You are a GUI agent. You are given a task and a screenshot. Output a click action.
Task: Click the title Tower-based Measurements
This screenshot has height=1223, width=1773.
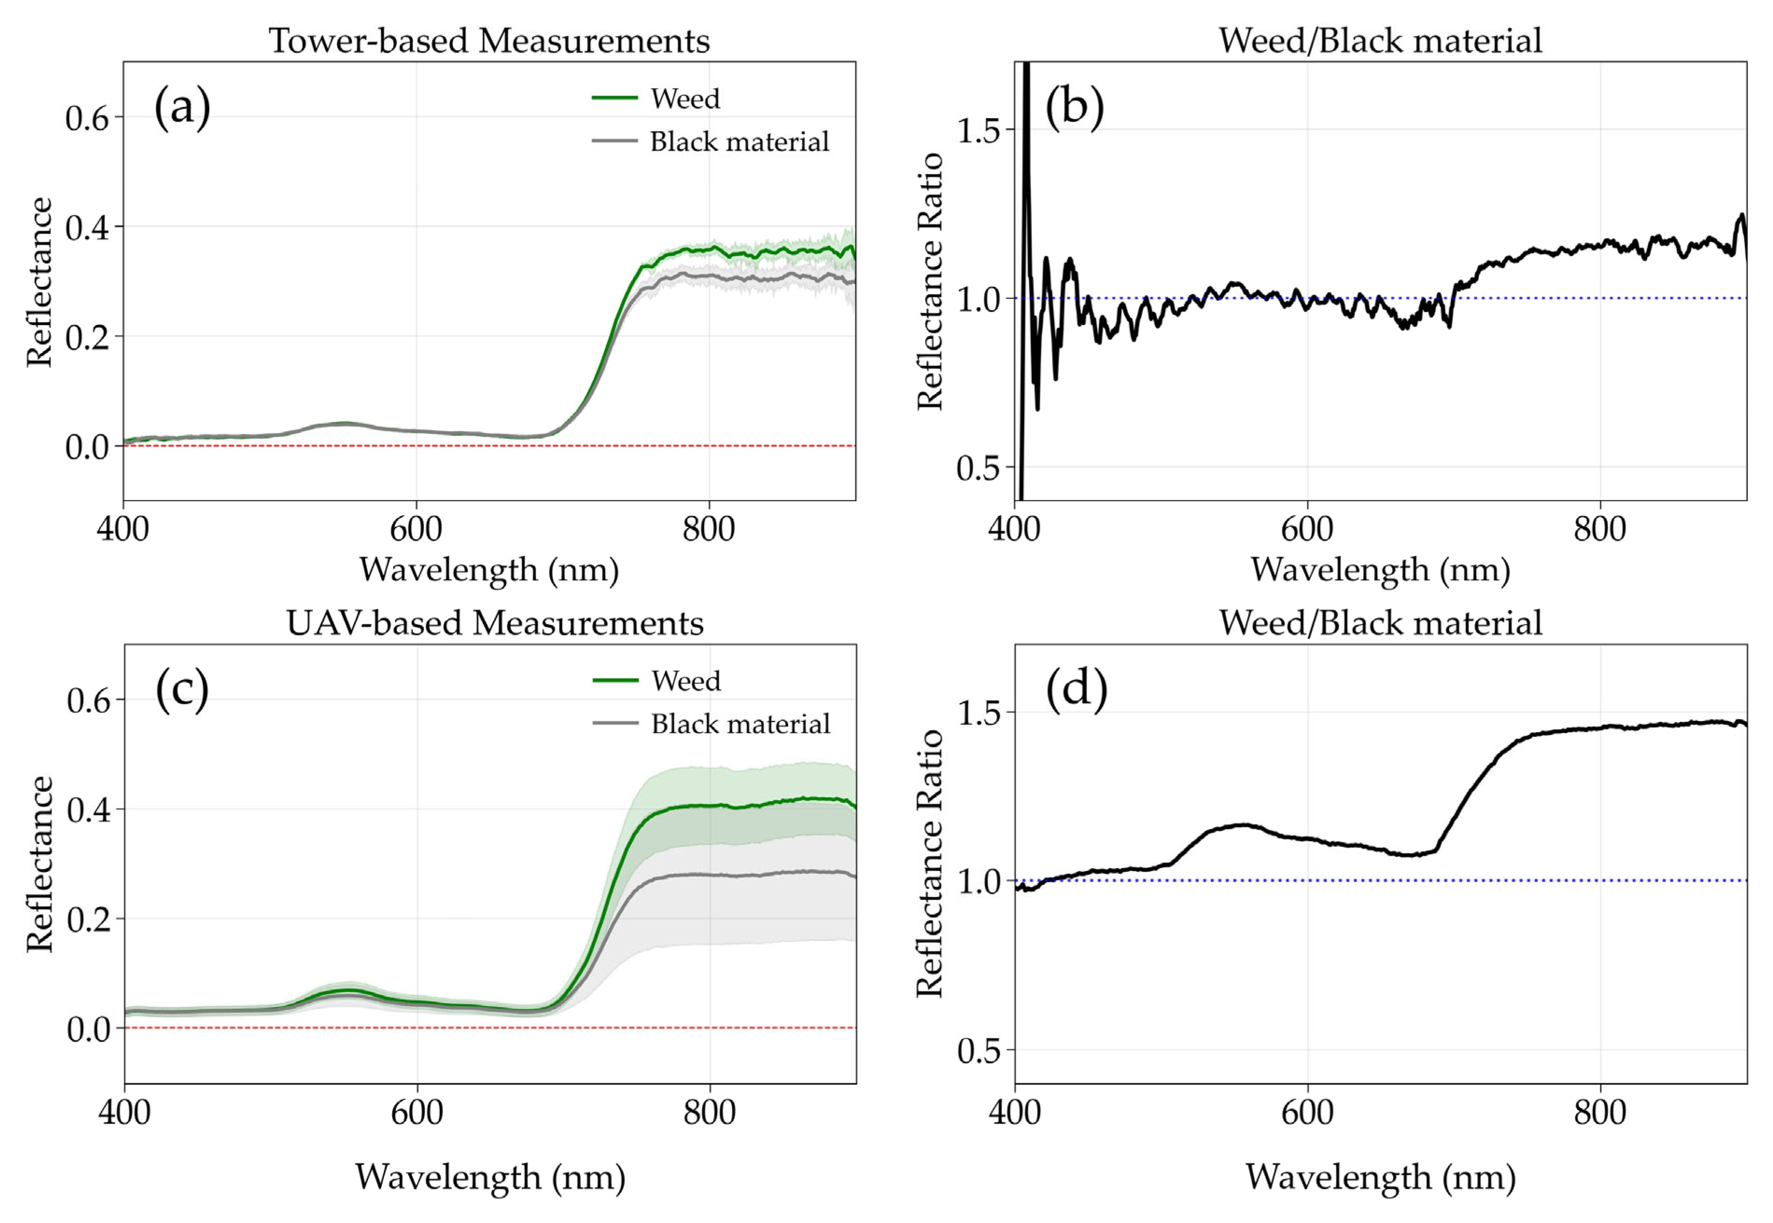(489, 41)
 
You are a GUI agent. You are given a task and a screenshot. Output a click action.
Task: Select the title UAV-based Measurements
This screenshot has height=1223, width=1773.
(494, 623)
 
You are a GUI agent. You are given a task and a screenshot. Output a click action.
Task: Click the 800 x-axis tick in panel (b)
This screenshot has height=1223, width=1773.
(1600, 529)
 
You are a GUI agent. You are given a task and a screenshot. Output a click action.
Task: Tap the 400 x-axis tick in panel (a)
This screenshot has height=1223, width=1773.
(123, 529)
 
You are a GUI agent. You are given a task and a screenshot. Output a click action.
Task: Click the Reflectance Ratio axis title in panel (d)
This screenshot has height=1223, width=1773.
(929, 863)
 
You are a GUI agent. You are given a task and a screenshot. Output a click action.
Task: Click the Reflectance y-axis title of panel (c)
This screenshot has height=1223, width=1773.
(39, 863)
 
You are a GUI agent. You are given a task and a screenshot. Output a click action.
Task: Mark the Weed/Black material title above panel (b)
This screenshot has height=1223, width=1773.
(1380, 41)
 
